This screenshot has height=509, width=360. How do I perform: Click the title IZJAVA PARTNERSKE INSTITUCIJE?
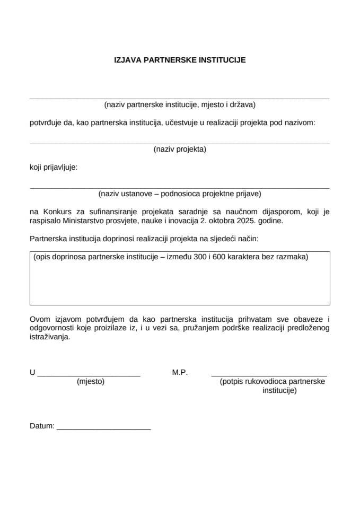pyautogui.click(x=180, y=60)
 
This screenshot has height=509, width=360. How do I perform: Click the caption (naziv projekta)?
pyautogui.click(x=180, y=149)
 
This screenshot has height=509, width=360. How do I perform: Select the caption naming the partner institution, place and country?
pyautogui.click(x=180, y=104)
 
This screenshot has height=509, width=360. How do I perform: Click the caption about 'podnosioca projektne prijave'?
pyautogui.click(x=180, y=194)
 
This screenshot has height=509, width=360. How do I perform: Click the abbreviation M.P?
pyautogui.click(x=180, y=372)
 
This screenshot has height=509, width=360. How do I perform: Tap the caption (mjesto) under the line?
pyautogui.click(x=91, y=381)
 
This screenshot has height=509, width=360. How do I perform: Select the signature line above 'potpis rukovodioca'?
pyautogui.click(x=269, y=375)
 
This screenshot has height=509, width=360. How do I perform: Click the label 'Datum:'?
pyautogui.click(x=42, y=426)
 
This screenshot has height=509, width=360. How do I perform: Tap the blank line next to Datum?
pyautogui.click(x=103, y=428)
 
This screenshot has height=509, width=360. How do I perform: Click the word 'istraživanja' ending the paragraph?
pyautogui.click(x=49, y=337)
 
